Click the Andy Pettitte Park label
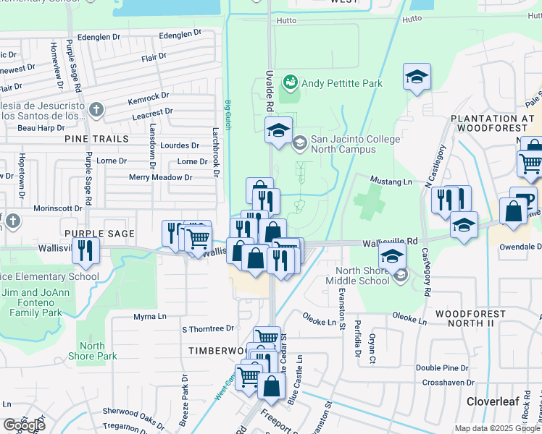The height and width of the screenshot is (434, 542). pyautogui.click(x=341, y=83)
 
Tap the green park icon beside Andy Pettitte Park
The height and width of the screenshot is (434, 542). pyautogui.click(x=291, y=83)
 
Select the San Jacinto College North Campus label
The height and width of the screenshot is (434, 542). pyautogui.click(x=343, y=144)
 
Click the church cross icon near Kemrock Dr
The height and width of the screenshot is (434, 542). pyautogui.click(x=96, y=110)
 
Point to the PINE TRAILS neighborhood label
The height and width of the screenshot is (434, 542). pyautogui.click(x=96, y=138)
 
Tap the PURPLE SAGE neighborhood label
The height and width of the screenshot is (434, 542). pyautogui.click(x=99, y=233)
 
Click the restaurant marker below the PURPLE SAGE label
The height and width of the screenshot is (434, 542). pyautogui.click(x=88, y=250)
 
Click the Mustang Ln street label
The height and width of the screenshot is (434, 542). pyautogui.click(x=391, y=181)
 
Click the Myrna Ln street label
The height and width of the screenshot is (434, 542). pyautogui.click(x=150, y=317)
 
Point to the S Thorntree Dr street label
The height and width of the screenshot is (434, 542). pyautogui.click(x=208, y=328)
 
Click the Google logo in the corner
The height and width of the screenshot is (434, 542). pyautogui.click(x=24, y=425)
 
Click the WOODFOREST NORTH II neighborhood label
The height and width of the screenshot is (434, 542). pyautogui.click(x=475, y=321)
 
